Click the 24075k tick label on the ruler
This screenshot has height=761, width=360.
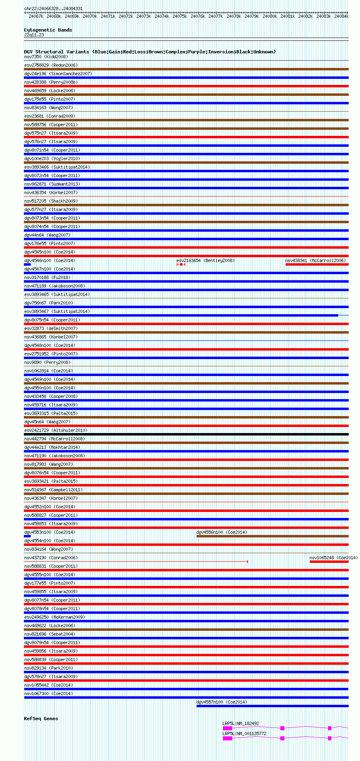tap(180, 16)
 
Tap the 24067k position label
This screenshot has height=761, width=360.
tap(36, 16)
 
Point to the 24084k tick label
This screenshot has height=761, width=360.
tap(341, 16)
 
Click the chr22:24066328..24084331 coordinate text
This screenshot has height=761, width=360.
tap(53, 8)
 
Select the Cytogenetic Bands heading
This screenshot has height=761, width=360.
tap(48, 30)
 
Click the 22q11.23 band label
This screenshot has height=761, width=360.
tap(34, 35)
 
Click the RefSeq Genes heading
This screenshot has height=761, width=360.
tap(41, 719)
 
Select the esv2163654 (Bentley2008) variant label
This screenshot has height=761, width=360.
tap(205, 260)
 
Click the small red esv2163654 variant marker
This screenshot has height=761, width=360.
tap(181, 264)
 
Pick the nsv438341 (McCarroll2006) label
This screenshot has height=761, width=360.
tap(316, 260)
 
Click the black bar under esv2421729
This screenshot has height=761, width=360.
tap(186, 434)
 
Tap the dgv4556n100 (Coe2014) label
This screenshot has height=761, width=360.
tap(222, 532)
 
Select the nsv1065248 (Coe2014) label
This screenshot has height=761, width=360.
tap(333, 558)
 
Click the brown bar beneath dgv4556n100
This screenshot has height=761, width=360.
tap(272, 536)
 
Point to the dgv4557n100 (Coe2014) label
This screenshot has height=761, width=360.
tap(222, 702)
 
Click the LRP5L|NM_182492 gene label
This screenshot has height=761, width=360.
tap(241, 723)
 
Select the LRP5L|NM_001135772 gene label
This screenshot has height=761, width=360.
tap(244, 734)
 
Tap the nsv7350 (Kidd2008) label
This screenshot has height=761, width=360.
tap(46, 57)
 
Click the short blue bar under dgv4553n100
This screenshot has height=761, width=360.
tap(27, 536)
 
